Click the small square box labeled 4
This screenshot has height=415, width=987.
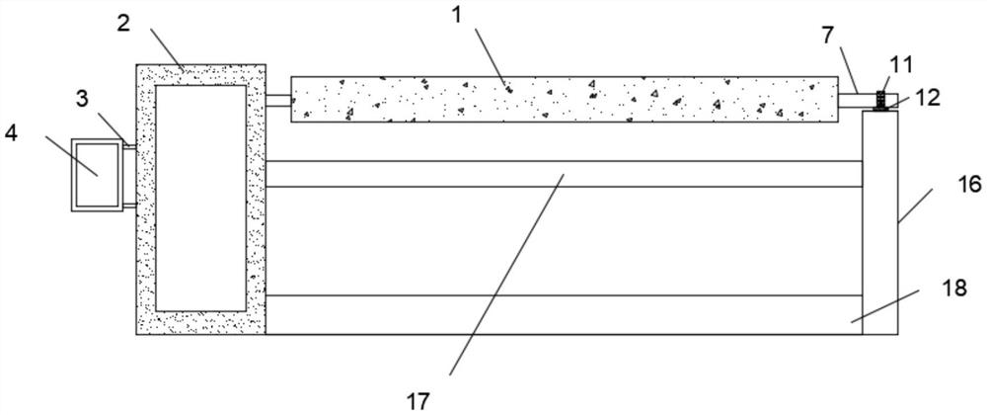[x=97, y=175]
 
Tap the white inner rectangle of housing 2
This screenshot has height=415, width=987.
[x=200, y=197]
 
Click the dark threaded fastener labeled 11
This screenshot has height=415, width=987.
[x=880, y=99]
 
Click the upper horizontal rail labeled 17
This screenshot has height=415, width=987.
[x=563, y=174]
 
